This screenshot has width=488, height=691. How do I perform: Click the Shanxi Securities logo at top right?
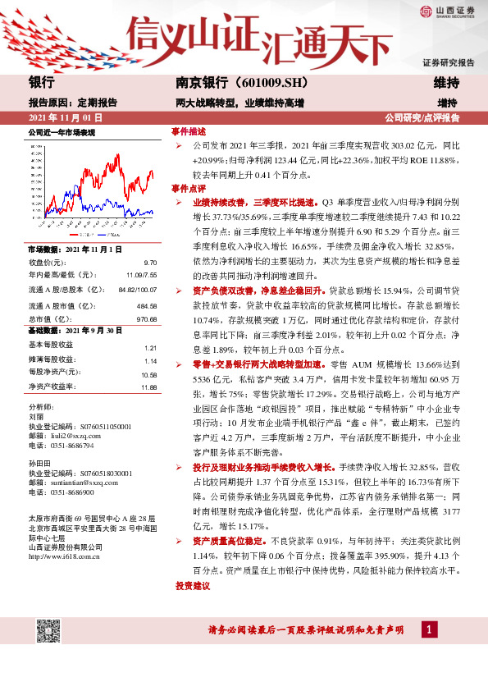[x=448, y=11]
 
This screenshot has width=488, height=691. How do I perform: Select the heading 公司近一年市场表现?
[x=62, y=132]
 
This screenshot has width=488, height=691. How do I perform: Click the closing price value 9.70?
[x=150, y=261]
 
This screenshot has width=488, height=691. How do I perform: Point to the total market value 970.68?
[x=146, y=318]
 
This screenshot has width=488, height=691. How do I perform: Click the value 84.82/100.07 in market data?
[x=137, y=289]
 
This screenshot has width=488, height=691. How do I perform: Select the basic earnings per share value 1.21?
[x=150, y=348]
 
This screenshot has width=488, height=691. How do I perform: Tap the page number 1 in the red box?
[x=428, y=629]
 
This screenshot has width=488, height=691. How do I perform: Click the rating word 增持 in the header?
[x=447, y=103]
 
